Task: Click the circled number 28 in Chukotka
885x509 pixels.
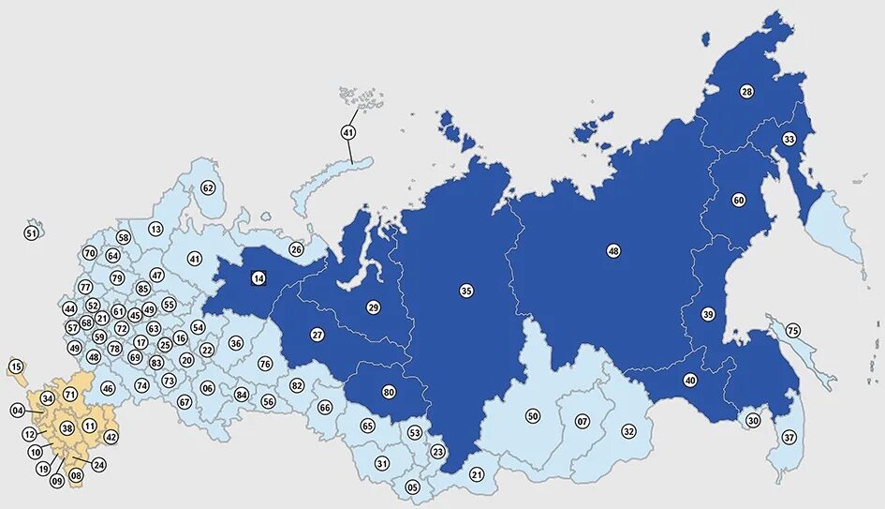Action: [746, 91]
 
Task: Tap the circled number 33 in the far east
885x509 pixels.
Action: [789, 140]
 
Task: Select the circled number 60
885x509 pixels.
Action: [738, 200]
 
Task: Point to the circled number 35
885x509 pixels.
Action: [466, 291]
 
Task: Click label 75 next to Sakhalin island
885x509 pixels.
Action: [793, 331]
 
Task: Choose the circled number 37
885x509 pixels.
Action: [789, 438]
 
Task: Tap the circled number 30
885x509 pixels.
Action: [753, 421]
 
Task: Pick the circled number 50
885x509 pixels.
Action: [532, 415]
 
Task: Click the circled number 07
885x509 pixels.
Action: [583, 421]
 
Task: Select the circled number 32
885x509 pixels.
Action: [628, 431]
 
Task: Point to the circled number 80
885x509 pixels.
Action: [388, 391]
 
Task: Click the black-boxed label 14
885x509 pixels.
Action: [258, 277]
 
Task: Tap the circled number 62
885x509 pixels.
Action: [208, 188]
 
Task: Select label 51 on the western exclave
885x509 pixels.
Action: [32, 232]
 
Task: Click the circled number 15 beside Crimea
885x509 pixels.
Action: [16, 366]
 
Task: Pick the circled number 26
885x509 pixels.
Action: [296, 249]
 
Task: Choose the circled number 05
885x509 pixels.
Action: [412, 487]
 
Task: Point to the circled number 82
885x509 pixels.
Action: [297, 385]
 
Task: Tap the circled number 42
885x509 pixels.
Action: [111, 437]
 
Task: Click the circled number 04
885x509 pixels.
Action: [18, 411]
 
